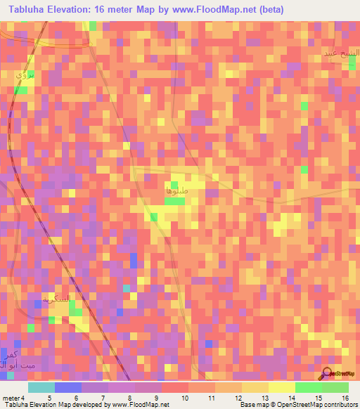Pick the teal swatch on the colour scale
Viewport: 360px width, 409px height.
coord(41,387)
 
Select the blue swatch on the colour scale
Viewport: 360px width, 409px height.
coord(68,387)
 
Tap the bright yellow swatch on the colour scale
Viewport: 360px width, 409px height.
coord(281,387)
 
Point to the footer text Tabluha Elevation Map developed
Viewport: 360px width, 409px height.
coord(42,405)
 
